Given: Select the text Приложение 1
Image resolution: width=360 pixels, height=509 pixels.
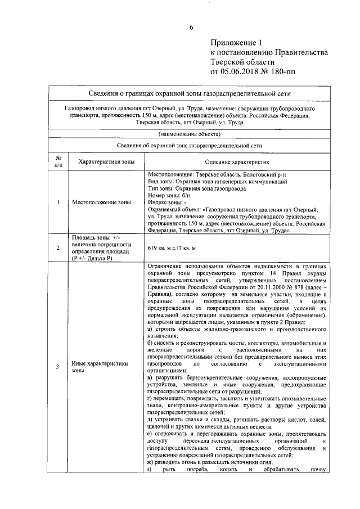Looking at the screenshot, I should pyautogui.click(x=236, y=42).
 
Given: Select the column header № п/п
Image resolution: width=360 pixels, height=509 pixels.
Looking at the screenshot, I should pyautogui.click(x=58, y=161).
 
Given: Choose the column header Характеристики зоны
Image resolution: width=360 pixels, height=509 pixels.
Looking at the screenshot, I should pyautogui.click(x=106, y=161).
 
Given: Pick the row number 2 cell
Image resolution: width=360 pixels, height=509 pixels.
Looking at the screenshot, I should pyautogui.click(x=58, y=247).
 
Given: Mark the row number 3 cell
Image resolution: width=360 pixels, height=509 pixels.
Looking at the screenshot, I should pyautogui.click(x=58, y=367).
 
